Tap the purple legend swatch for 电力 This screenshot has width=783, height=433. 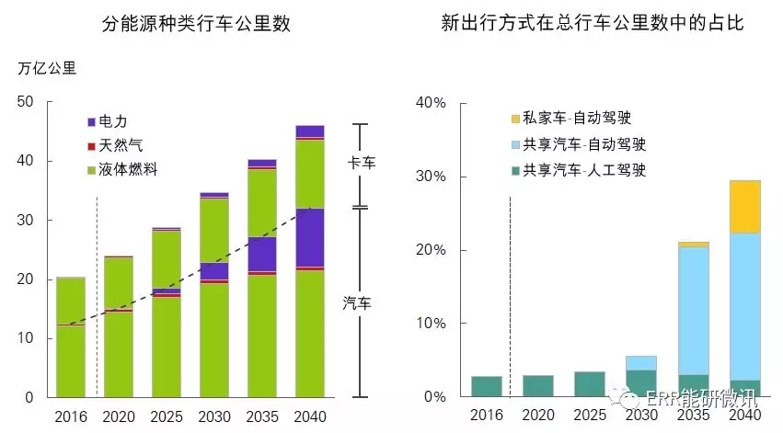click(91, 121)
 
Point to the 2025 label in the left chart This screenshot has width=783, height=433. click(167, 416)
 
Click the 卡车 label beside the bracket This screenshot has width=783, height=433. click(361, 164)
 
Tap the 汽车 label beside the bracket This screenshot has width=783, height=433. click(361, 302)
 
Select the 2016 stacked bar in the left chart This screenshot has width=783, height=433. click(71, 336)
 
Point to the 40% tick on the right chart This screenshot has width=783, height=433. click(430, 103)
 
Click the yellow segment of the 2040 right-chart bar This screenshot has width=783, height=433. click(745, 207)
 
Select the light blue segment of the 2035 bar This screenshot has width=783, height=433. click(693, 311)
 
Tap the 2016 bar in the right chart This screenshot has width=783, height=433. click(487, 386)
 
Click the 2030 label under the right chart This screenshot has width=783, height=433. click(641, 416)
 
